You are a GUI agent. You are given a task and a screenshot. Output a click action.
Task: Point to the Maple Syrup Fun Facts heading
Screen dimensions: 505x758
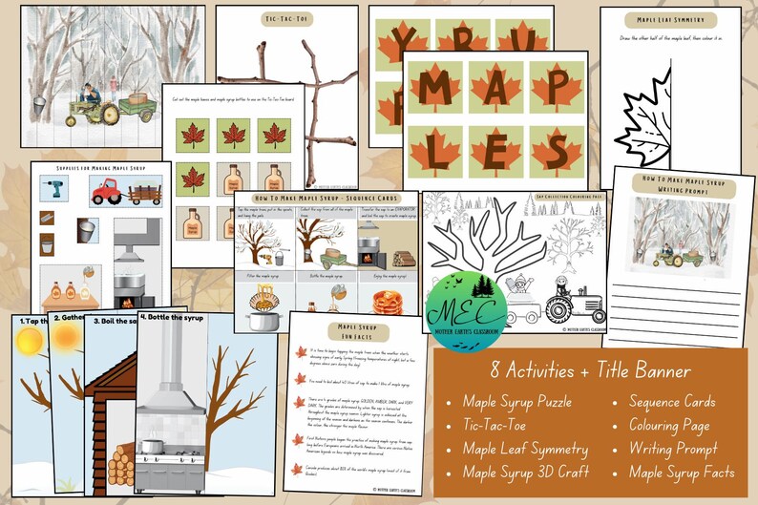355,330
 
